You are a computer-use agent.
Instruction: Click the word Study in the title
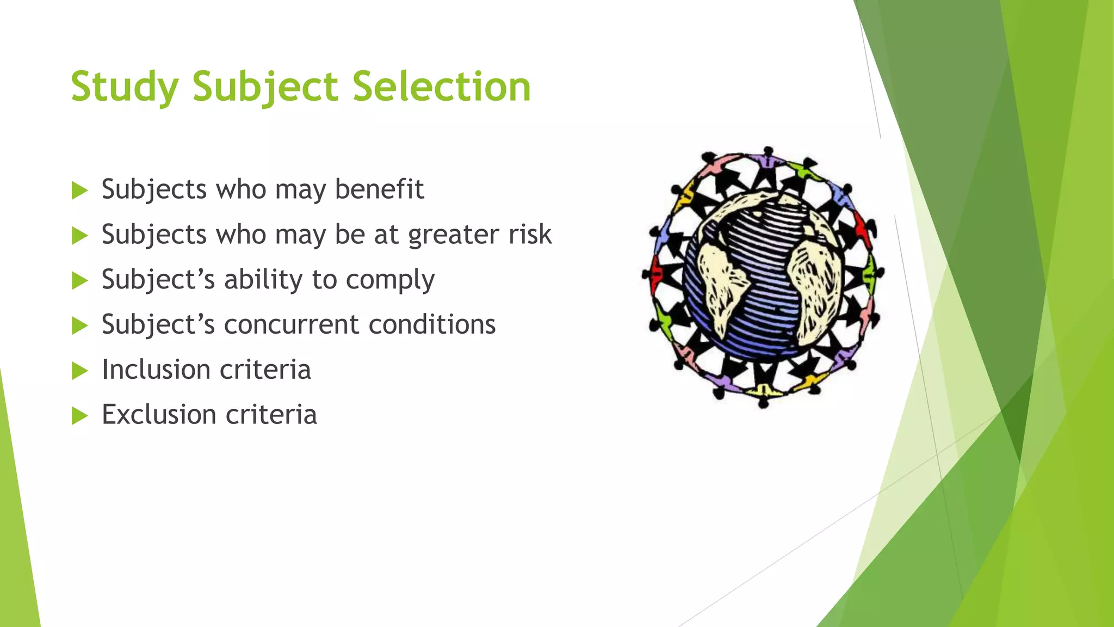tap(125, 87)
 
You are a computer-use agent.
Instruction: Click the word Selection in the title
tap(441, 87)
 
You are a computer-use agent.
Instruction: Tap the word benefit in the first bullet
tap(379, 189)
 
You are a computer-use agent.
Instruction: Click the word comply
tap(390, 280)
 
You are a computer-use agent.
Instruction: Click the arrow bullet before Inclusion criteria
tap(79, 371)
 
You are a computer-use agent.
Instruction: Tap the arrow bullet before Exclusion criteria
tap(79, 416)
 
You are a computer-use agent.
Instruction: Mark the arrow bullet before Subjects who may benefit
tap(79, 190)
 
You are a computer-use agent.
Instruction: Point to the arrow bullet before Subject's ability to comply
tap(79, 281)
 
